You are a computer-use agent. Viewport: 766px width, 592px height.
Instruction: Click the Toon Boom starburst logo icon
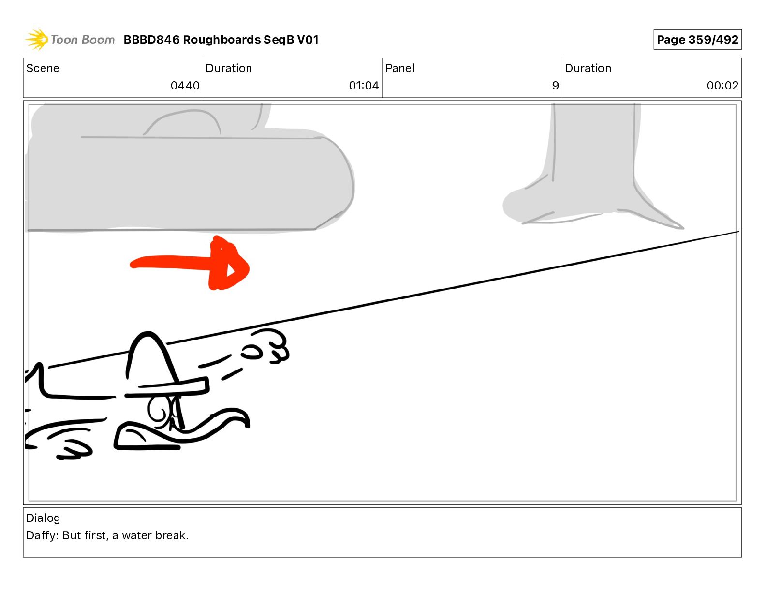tap(36, 39)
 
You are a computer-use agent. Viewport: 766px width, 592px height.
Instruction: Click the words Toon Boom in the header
tap(83, 40)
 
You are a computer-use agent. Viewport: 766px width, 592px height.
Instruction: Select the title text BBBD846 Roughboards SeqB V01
tap(221, 40)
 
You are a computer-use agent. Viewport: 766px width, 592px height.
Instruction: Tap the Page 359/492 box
tap(697, 40)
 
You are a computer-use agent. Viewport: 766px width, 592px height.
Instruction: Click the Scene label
tap(43, 68)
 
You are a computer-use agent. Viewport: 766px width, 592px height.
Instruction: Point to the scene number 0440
tap(185, 86)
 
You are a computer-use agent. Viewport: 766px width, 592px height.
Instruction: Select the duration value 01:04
tap(364, 86)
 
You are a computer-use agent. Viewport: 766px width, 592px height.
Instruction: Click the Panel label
tap(400, 68)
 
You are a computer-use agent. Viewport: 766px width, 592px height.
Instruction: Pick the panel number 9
tap(555, 86)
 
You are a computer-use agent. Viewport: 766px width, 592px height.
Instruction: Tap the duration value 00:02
tap(722, 86)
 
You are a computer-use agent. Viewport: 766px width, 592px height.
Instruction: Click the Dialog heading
tap(43, 518)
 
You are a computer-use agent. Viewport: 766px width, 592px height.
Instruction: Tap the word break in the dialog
tap(171, 535)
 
